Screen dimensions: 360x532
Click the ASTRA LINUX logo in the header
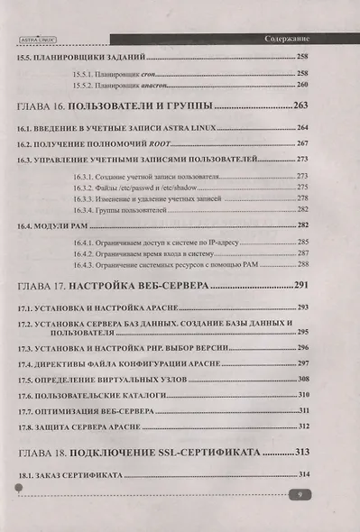[33, 40]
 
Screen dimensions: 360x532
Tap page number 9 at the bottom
[305, 495]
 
